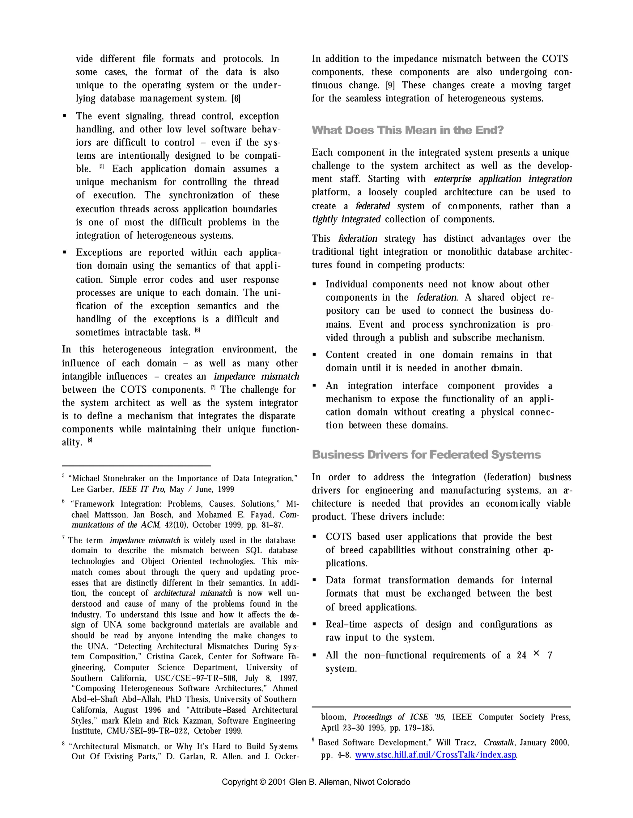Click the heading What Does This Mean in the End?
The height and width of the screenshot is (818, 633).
click(407, 130)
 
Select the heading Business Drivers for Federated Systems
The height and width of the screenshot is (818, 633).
click(426, 455)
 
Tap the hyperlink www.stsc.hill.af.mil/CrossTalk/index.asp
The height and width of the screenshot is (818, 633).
click(435, 755)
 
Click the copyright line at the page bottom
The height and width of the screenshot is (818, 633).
click(316, 782)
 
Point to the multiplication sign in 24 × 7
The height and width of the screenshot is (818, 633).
click(536, 653)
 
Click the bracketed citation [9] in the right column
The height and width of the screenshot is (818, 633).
click(390, 86)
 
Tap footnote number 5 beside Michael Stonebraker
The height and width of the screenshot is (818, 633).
click(63, 476)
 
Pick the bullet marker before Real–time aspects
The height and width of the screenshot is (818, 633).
click(314, 624)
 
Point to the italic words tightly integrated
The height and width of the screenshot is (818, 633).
click(346, 219)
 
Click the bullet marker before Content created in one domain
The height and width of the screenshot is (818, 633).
click(314, 355)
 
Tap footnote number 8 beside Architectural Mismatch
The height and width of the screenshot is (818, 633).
click(63, 744)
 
